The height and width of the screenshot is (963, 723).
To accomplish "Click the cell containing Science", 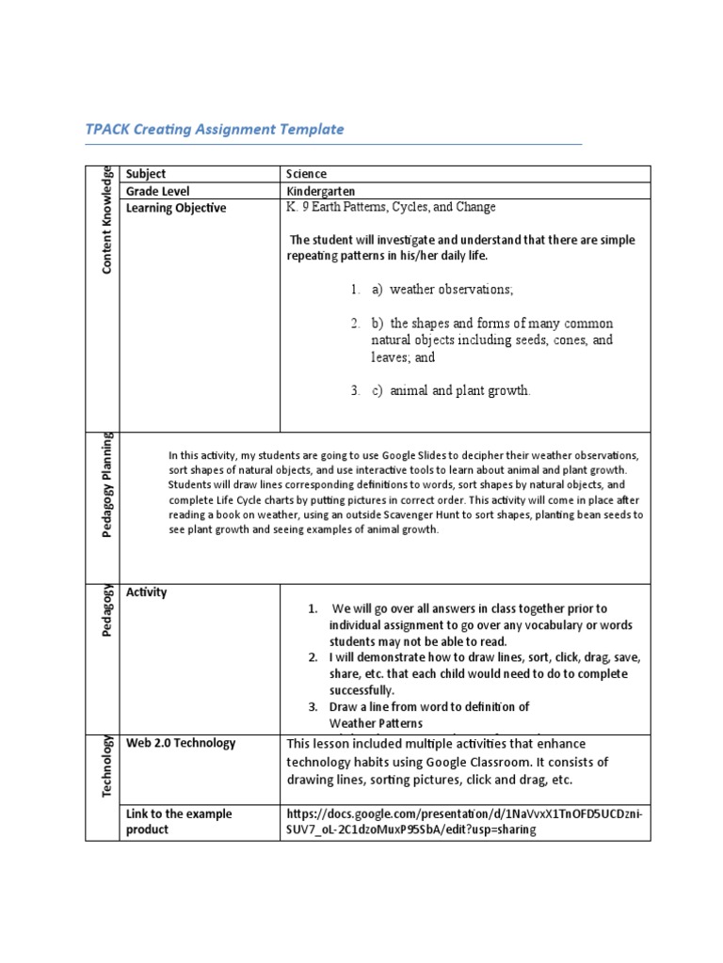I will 307,174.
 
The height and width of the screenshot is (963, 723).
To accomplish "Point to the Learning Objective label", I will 176,208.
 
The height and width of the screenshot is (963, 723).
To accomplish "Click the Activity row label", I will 147,592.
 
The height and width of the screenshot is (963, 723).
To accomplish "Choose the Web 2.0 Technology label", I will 181,743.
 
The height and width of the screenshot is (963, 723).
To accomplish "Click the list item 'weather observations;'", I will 442,289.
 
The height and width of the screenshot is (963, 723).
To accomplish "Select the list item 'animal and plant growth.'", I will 451,390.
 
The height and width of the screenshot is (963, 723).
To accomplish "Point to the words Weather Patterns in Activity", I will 376,722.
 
